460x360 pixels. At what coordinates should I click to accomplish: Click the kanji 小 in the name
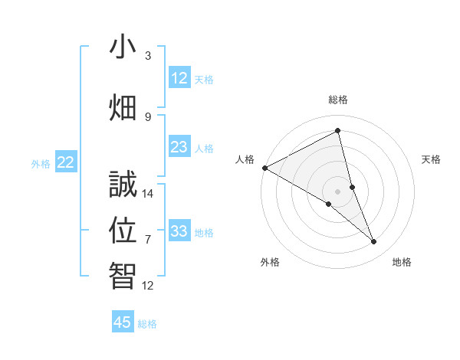pyautogui.click(x=123, y=47)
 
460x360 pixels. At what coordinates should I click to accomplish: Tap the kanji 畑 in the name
pyautogui.click(x=123, y=107)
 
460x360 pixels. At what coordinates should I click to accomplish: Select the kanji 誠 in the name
pyautogui.click(x=123, y=185)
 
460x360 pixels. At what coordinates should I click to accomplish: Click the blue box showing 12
pyautogui.click(x=179, y=77)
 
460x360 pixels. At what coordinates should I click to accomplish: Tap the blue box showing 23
pyautogui.click(x=179, y=147)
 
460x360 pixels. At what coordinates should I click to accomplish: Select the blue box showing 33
pyautogui.click(x=179, y=231)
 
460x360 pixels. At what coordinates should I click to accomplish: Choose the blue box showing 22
pyautogui.click(x=66, y=162)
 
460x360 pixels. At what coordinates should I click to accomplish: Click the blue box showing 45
pyautogui.click(x=123, y=322)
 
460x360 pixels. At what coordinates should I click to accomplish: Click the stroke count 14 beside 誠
pyautogui.click(x=148, y=194)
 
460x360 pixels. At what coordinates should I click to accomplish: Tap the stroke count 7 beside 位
pyautogui.click(x=148, y=240)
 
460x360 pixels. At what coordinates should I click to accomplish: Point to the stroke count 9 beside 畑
pyautogui.click(x=148, y=116)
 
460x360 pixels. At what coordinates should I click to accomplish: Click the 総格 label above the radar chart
pyautogui.click(x=338, y=100)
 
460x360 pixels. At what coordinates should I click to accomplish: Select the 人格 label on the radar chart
pyautogui.click(x=245, y=159)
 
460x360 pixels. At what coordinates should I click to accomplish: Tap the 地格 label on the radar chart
pyautogui.click(x=402, y=262)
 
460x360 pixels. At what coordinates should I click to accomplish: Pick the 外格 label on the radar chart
pyautogui.click(x=270, y=262)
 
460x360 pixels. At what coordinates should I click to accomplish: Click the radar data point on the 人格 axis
pyautogui.click(x=264, y=168)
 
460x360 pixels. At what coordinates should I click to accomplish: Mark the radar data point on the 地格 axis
pyautogui.click(x=374, y=242)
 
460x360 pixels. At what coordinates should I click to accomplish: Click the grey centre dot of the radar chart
pyautogui.click(x=338, y=191)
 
